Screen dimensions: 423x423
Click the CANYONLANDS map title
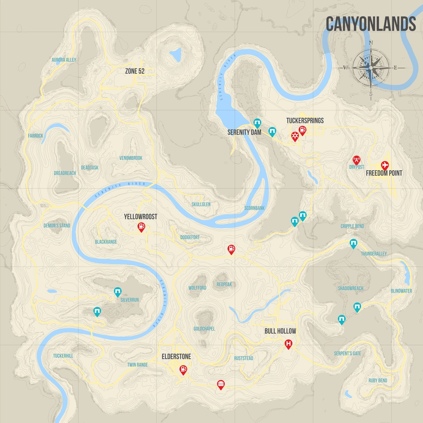(370, 24)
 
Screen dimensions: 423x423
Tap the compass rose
(371, 68)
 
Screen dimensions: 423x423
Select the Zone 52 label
(135, 71)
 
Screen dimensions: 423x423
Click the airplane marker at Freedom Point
(385, 165)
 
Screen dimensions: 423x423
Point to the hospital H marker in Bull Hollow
(288, 344)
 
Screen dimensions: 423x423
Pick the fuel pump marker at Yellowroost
(141, 227)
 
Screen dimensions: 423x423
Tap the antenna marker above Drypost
(357, 160)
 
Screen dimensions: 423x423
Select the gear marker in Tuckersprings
(295, 136)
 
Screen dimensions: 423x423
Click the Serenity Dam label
(244, 132)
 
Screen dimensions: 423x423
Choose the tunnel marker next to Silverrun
(117, 292)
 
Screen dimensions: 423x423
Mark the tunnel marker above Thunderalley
(353, 243)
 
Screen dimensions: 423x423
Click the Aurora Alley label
(64, 60)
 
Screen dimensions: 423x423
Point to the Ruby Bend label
(378, 381)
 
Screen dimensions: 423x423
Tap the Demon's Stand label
(57, 226)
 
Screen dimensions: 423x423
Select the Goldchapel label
(204, 329)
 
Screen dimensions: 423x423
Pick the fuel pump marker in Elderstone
(183, 369)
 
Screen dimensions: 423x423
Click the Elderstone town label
(176, 357)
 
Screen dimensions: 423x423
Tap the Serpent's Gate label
(347, 354)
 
